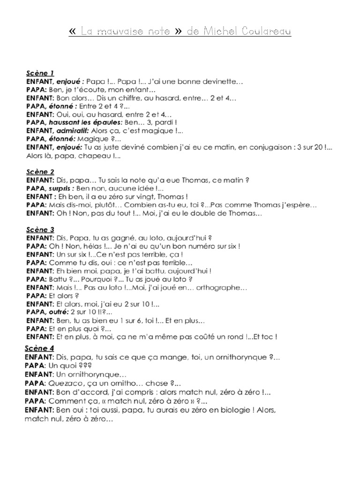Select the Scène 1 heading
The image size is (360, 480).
pos(40,73)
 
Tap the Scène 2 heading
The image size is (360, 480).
pos(40,172)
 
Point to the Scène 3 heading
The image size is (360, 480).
pos(40,230)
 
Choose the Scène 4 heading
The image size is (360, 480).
pos(40,348)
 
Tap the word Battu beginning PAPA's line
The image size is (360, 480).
pos(59,279)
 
